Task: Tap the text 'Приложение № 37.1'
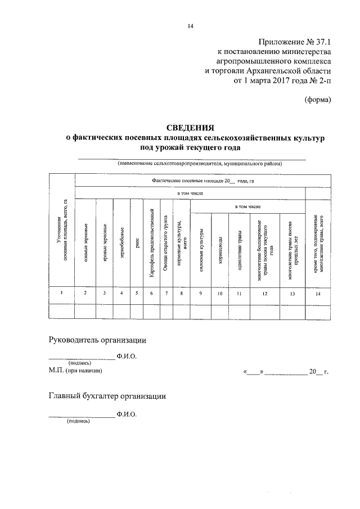[x=295, y=42]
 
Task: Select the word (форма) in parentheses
[x=318, y=100]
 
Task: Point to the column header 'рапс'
[x=137, y=240]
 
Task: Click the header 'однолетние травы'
[x=240, y=247]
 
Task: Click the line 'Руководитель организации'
[x=98, y=340]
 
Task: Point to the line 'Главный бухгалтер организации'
[x=107, y=396]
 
